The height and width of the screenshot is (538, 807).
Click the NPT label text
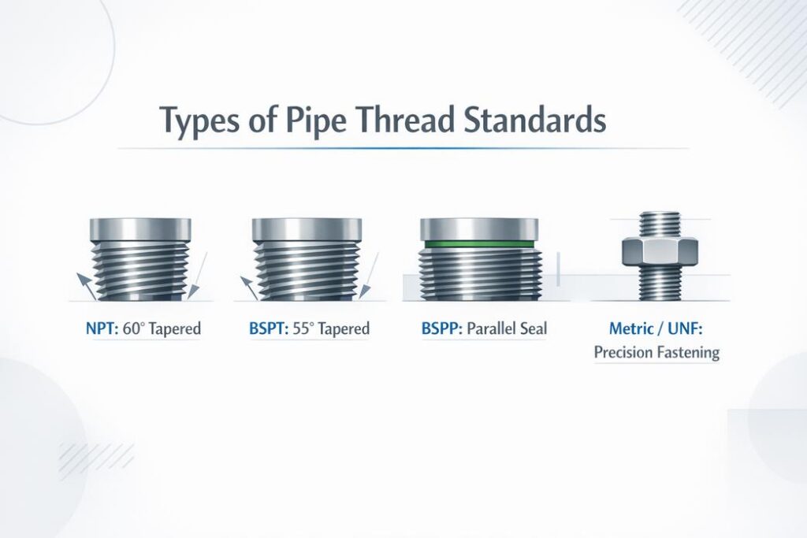point(99,327)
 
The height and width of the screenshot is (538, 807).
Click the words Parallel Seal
point(504,327)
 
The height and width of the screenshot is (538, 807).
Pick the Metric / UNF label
point(656,327)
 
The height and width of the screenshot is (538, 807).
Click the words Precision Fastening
point(656,352)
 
